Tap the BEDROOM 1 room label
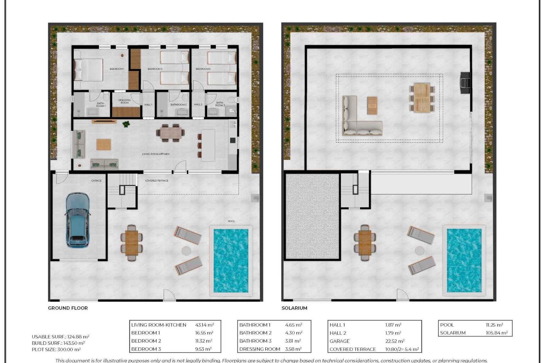tap(117, 69)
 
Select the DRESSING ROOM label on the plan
tap(124, 101)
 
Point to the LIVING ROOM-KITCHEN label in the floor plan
tap(156, 154)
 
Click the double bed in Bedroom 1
tap(88, 70)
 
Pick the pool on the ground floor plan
tap(231, 261)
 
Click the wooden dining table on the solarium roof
tap(422, 98)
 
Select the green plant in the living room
tap(126, 124)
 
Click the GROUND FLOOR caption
tap(68, 308)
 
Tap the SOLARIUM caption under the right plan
tap(294, 308)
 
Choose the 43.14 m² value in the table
tap(204, 325)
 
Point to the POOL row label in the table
tap(447, 325)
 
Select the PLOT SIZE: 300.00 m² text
tap(56, 349)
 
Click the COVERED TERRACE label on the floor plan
tap(157, 181)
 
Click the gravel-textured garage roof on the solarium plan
tap(312, 216)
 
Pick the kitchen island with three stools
tap(208, 145)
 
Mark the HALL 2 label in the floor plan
tap(198, 104)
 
